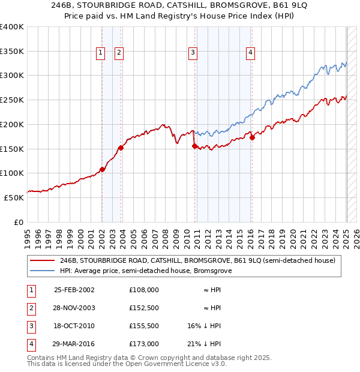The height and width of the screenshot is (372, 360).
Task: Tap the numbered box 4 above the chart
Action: coord(250,53)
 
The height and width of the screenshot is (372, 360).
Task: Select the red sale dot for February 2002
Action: coord(102,169)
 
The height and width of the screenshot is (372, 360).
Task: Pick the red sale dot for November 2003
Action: coord(121,148)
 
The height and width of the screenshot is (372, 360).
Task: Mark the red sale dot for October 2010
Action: coord(194,146)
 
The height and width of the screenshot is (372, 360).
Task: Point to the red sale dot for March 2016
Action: coord(252,137)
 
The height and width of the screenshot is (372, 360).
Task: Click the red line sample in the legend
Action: coord(43,260)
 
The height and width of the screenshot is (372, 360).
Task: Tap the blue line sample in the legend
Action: coord(43,271)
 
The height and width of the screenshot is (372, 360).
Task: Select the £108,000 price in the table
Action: coord(143,289)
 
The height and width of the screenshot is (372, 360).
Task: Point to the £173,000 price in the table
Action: coord(143,344)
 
